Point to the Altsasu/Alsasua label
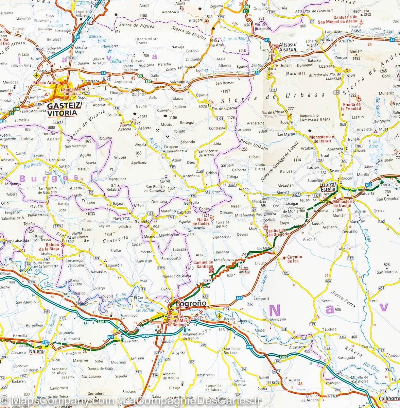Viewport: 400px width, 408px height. point(288,47)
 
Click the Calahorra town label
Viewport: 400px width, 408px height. point(387,399)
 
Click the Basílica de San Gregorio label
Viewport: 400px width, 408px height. point(278,232)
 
